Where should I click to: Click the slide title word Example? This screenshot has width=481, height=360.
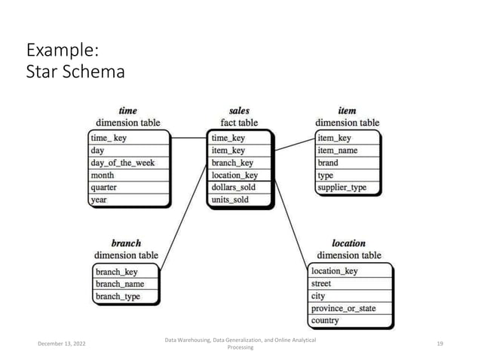60,52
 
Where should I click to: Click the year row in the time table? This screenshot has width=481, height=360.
100,200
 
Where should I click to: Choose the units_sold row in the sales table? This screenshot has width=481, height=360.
230,200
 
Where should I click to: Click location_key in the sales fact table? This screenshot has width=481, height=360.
234,175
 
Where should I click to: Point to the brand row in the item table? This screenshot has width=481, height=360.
328,163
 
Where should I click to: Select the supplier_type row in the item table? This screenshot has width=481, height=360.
343,188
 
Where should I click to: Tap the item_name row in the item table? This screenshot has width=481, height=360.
337,150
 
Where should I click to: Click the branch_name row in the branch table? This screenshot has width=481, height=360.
119,284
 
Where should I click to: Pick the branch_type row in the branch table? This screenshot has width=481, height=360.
118,297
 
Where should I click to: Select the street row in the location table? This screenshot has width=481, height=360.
321,284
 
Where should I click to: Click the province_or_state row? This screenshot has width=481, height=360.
343,309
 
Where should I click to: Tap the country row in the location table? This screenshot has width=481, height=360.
326,321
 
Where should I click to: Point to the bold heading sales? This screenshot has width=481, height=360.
239,111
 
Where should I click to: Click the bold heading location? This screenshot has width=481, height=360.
348,243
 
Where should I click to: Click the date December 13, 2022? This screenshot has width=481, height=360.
63,343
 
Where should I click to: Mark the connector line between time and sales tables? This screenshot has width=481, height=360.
188,138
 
